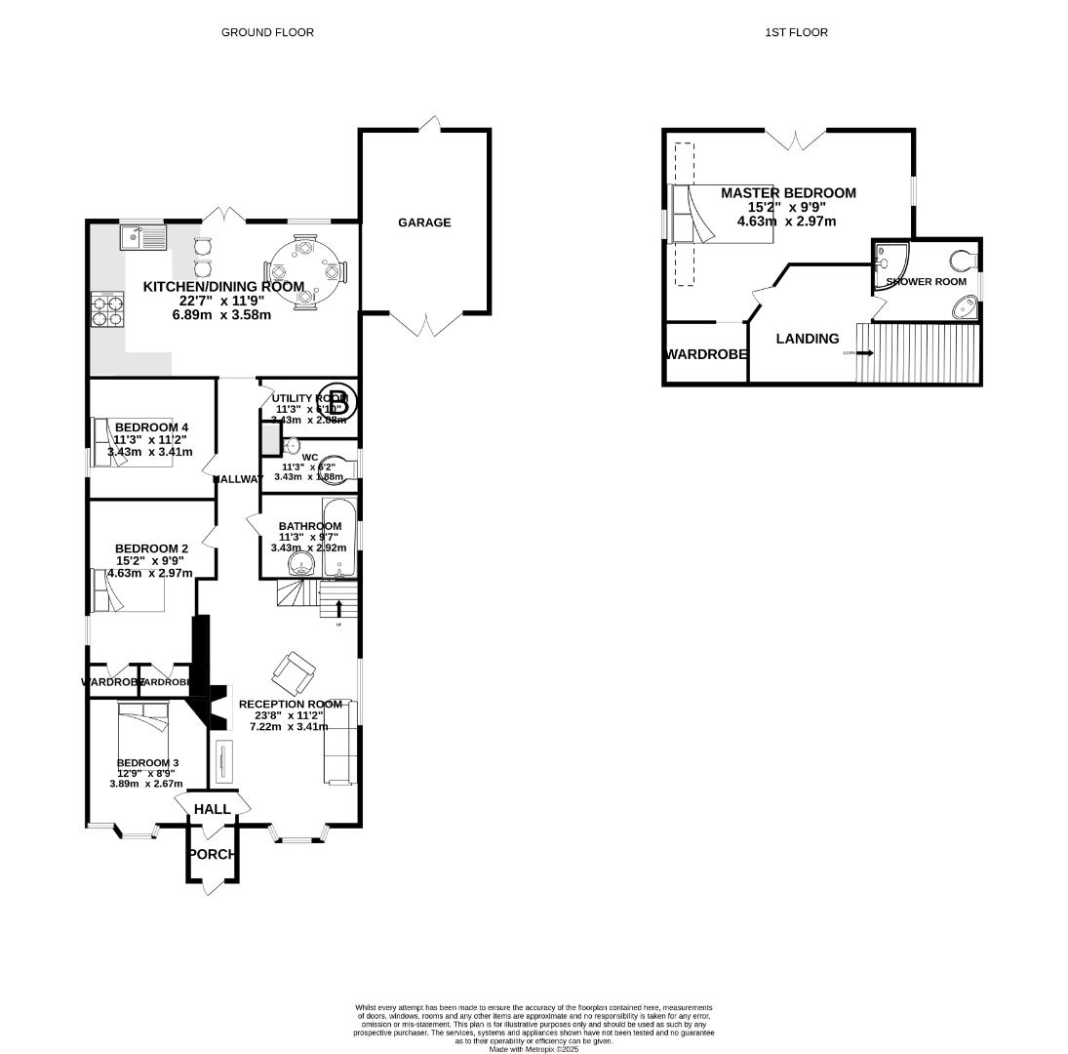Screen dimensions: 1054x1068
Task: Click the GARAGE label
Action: tap(424, 223)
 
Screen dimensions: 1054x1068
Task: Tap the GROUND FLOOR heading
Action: tap(267, 32)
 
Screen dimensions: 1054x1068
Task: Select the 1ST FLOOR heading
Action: tap(796, 32)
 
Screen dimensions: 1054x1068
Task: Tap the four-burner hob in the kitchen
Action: tap(107, 307)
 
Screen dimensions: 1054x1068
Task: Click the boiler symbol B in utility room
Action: tap(337, 398)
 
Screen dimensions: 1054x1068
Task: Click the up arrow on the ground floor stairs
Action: tap(338, 609)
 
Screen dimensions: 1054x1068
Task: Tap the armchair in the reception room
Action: tap(294, 669)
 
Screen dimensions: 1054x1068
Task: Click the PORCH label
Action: tap(212, 854)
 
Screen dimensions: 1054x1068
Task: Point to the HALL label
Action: tap(212, 809)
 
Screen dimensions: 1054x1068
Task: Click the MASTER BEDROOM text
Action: tap(788, 193)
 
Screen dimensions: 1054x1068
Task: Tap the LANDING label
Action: tap(807, 339)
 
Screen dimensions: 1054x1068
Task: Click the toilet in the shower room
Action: tap(963, 261)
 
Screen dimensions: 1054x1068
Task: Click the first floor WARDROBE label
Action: tap(706, 354)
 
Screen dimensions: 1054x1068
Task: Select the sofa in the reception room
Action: tap(338, 742)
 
